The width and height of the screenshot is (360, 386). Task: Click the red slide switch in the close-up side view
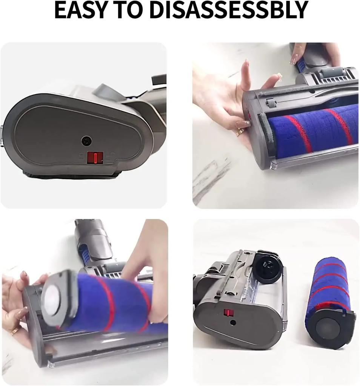[95, 158]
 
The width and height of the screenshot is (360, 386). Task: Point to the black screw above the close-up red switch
[86, 141]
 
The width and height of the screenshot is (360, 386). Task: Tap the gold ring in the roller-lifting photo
[15, 331]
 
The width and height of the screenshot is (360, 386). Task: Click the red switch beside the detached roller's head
[229, 313]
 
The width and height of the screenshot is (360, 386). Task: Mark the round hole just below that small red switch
[233, 323]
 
